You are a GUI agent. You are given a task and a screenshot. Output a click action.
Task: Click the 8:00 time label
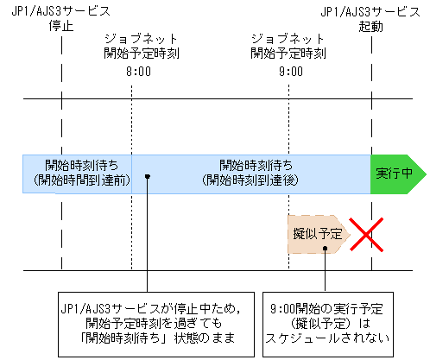139,74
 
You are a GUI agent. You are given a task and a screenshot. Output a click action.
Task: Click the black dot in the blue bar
148,177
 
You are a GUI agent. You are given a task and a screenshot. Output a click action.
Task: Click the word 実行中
392,174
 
